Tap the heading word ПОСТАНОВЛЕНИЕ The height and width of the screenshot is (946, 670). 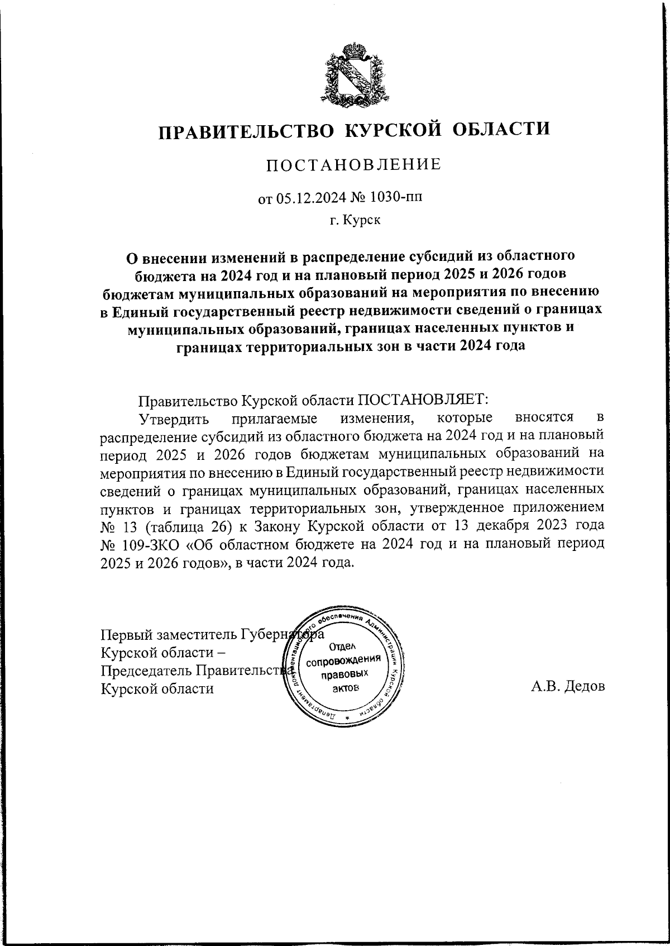(x=353, y=165)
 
